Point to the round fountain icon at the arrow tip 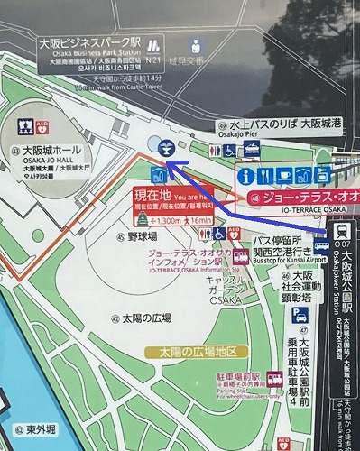(165, 148)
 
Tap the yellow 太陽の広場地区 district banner (198, 351)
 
